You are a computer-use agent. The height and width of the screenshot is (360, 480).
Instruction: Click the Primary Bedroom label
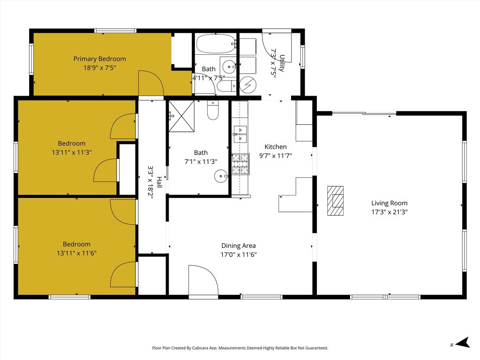pos(99,59)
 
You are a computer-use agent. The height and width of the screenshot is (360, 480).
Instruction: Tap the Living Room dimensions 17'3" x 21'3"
pos(390,212)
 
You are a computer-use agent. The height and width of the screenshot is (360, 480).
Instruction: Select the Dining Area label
pos(239,246)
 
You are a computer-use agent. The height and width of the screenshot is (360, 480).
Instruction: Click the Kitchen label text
pos(276,147)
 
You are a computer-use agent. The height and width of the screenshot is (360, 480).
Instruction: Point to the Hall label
pos(159,182)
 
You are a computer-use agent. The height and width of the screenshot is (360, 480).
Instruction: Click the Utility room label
pos(282,63)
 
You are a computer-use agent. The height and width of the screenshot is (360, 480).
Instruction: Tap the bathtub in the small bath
pos(216,44)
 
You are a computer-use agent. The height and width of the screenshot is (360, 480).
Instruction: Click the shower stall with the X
pos(181,116)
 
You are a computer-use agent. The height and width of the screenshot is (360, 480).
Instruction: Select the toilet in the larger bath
pos(213,111)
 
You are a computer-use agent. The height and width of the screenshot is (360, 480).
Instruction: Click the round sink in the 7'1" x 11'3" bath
pos(221,176)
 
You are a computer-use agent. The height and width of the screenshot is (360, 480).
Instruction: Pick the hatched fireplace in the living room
pos(335,201)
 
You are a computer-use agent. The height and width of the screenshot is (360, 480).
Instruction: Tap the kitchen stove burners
pos(240,164)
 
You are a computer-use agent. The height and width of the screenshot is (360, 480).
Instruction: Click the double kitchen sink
pos(240,134)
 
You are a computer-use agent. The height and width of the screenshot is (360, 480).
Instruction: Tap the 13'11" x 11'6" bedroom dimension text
pos(77,253)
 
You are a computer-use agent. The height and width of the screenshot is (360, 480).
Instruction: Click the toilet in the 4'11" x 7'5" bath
pos(226,87)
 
